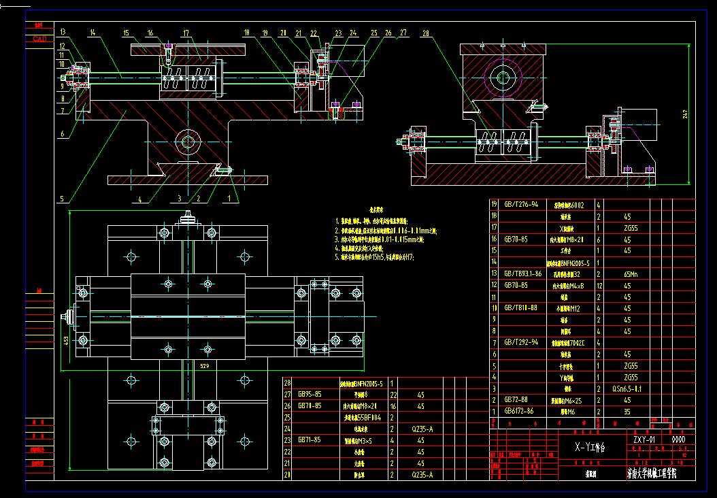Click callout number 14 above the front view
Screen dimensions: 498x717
(x=92, y=33)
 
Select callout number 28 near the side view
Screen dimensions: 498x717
(x=426, y=33)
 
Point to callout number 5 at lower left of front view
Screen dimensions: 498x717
(x=61, y=199)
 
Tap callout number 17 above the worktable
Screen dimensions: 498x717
(x=186, y=33)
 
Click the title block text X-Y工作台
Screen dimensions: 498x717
(x=590, y=448)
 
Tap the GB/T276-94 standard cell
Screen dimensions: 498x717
(x=522, y=204)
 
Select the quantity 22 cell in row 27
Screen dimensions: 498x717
(x=393, y=394)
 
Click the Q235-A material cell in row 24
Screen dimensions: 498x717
(x=421, y=429)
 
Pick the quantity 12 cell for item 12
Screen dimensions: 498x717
(x=599, y=285)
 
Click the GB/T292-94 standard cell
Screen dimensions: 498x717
(x=522, y=342)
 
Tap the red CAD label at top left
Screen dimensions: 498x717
(x=40, y=39)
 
